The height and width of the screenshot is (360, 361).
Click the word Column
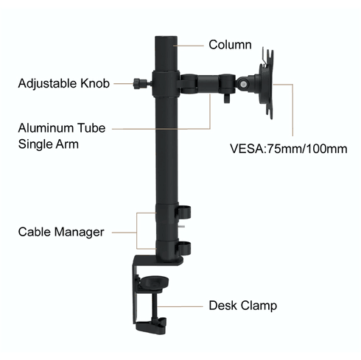(x=230, y=45)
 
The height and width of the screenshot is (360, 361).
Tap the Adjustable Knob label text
(x=63, y=84)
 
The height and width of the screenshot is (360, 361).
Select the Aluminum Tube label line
(x=62, y=127)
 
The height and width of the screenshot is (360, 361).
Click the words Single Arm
(x=49, y=144)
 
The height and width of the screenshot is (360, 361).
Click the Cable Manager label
(x=61, y=232)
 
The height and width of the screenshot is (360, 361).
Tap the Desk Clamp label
(x=242, y=305)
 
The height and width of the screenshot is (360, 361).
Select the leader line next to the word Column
(x=189, y=46)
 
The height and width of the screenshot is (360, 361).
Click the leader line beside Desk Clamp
(x=189, y=305)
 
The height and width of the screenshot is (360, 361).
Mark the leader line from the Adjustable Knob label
(x=122, y=83)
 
